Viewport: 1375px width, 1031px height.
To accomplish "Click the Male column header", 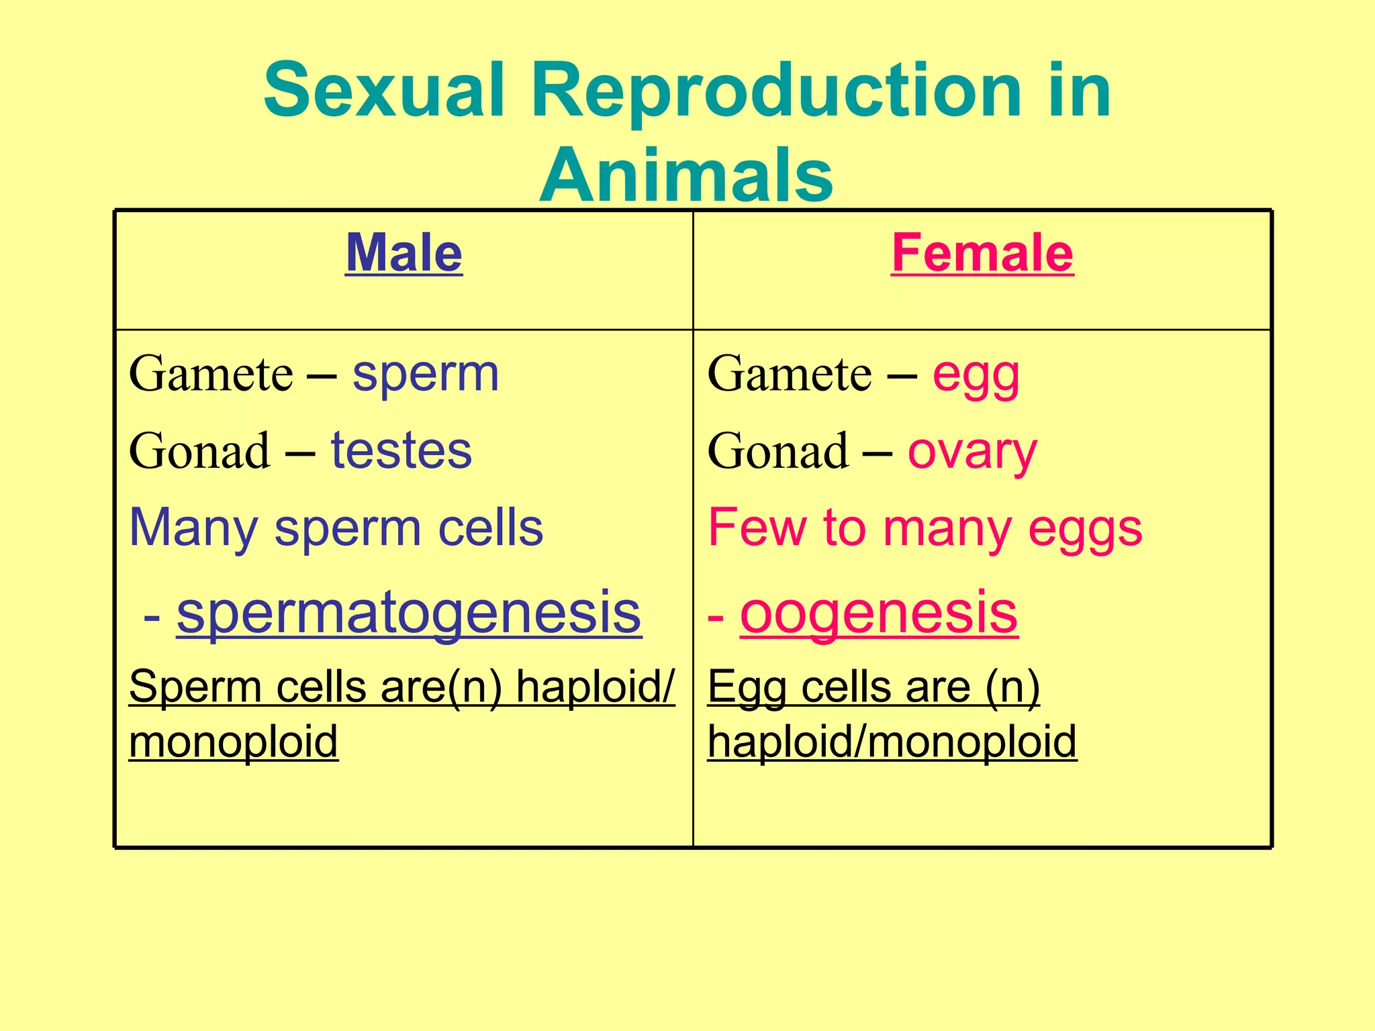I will [404, 254].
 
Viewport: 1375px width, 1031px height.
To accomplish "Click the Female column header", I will [982, 254].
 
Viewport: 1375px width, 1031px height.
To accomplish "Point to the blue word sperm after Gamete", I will [426, 375].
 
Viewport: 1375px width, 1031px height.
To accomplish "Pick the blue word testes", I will [401, 451].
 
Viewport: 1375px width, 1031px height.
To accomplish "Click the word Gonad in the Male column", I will [199, 451].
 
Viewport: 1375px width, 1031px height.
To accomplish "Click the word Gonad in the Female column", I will [778, 451].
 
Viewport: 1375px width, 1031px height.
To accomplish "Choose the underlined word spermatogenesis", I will [409, 613].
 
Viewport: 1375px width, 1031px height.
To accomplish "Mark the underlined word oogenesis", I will [879, 613].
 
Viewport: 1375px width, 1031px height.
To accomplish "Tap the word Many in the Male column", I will [193, 529].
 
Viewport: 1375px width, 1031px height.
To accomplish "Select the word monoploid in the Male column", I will [233, 742].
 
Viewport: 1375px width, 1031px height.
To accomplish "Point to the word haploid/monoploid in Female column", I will [892, 742].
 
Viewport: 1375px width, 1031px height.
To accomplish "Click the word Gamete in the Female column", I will [790, 375].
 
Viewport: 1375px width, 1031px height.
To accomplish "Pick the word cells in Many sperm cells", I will [490, 528].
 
